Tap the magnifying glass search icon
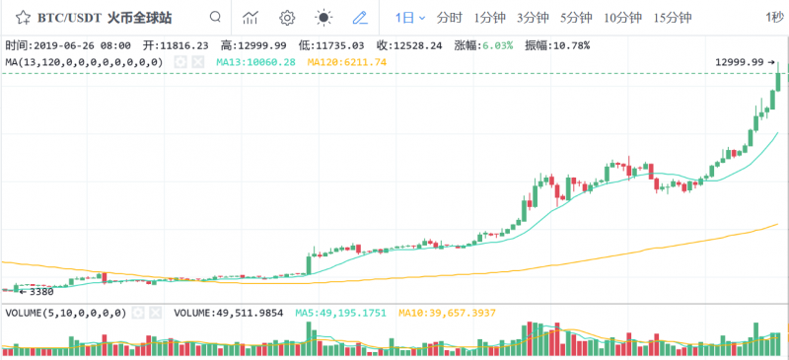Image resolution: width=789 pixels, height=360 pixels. pos(215,18)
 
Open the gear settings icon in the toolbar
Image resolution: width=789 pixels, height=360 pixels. pos(287,18)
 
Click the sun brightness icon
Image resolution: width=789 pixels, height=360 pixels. pos(323,18)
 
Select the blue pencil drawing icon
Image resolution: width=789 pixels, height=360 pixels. pos(359,18)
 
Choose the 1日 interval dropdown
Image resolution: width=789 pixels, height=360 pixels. pos(410,18)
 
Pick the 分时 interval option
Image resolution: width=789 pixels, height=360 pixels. pos(449,18)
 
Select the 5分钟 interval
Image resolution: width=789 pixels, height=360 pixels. pos(576,18)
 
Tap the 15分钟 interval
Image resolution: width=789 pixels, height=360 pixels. pos(673,18)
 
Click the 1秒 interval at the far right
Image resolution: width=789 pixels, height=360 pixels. pos(775,18)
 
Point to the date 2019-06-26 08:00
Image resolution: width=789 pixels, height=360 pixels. pos(85,45)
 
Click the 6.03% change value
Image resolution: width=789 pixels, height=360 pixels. pos(496,45)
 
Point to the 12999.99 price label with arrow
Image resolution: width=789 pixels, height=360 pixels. pos(743,62)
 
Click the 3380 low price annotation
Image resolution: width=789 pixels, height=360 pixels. pos(36,292)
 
